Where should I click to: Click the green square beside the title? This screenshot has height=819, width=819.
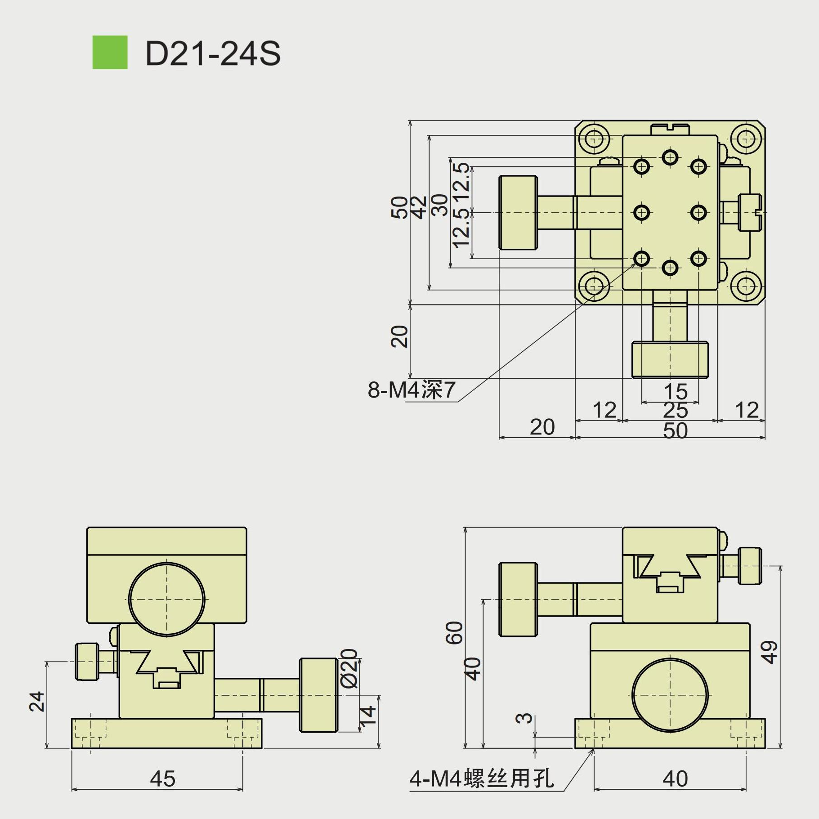[x=110, y=53]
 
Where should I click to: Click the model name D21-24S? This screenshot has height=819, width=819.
[x=213, y=54]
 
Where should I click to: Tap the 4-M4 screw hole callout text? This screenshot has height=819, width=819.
[x=482, y=779]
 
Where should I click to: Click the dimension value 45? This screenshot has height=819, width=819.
[x=162, y=779]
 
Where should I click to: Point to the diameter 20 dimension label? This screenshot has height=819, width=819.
[x=349, y=668]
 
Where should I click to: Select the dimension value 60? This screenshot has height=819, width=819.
[x=455, y=632]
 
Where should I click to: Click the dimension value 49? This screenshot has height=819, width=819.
[x=769, y=652]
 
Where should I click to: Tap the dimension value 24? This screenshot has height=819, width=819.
[x=37, y=701]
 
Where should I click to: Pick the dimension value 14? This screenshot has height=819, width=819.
[x=367, y=715]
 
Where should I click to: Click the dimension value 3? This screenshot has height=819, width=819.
[x=524, y=718]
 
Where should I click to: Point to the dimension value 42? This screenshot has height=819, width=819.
[x=419, y=207]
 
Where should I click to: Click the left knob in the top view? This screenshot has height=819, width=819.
[x=518, y=213]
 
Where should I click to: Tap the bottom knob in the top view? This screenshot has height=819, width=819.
[x=670, y=360]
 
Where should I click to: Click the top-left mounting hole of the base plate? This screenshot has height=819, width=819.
[x=594, y=139]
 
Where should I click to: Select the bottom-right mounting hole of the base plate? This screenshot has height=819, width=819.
[x=746, y=286]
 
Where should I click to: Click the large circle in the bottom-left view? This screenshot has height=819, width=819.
[x=167, y=599]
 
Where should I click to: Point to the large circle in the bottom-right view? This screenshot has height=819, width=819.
[x=670, y=695]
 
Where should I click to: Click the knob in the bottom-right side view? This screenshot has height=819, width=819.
[x=518, y=599]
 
